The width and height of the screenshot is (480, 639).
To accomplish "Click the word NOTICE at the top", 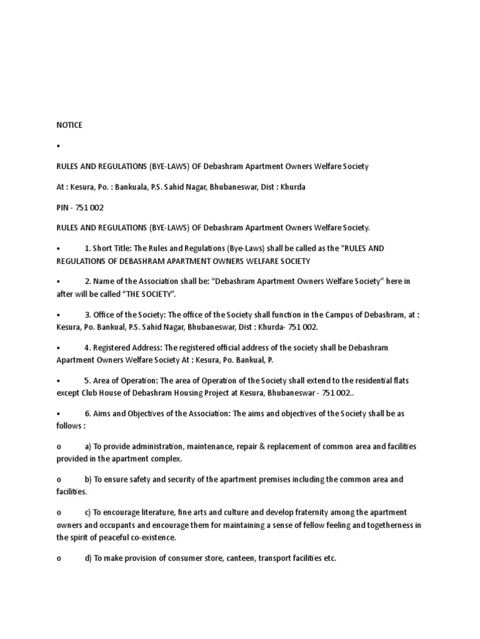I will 69,125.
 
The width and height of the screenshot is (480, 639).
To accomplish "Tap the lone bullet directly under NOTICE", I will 58,146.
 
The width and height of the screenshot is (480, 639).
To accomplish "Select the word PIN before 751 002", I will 63,207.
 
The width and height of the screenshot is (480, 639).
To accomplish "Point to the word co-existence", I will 154,537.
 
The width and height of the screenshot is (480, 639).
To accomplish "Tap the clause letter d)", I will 88,559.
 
